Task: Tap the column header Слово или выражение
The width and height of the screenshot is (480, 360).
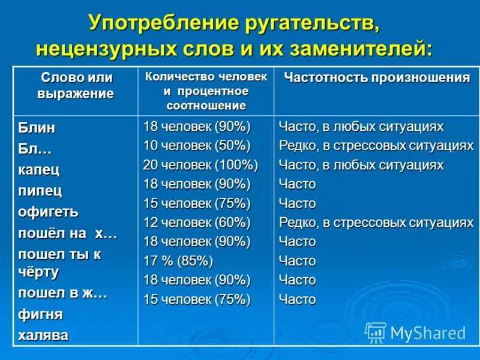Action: click(76, 85)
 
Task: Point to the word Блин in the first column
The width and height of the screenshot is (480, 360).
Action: click(36, 128)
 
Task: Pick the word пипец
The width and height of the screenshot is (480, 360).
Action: click(40, 191)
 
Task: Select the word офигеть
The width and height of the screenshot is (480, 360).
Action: click(48, 212)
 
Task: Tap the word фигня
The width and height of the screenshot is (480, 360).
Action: click(40, 314)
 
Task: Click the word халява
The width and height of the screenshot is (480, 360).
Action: click(43, 335)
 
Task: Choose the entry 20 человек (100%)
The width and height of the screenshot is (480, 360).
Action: click(200, 165)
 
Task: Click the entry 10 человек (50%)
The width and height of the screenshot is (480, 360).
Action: click(197, 146)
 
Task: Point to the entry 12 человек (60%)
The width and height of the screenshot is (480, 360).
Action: click(197, 223)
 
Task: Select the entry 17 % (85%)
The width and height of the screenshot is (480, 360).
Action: click(178, 261)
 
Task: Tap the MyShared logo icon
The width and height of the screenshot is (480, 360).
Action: click(376, 332)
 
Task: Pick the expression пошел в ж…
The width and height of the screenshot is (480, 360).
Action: click(62, 293)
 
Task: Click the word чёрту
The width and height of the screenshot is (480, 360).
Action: click(38, 272)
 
